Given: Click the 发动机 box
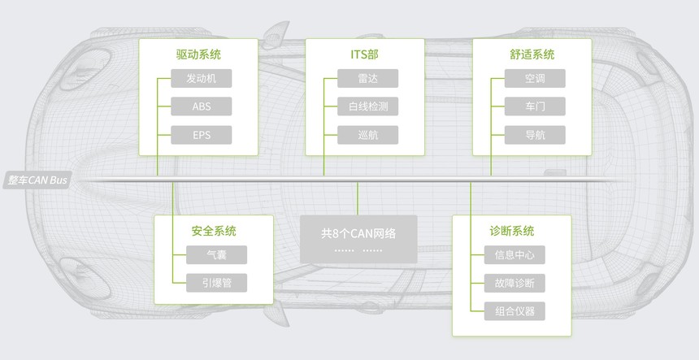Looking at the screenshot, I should pyautogui.click(x=201, y=79).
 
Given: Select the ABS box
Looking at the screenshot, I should pyautogui.click(x=201, y=106).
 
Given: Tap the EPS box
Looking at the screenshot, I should pyautogui.click(x=201, y=135).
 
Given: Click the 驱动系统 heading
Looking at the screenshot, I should pyautogui.click(x=198, y=54).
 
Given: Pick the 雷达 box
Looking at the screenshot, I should pyautogui.click(x=367, y=79).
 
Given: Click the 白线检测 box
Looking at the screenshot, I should pyautogui.click(x=367, y=106).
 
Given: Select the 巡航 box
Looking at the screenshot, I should pyautogui.click(x=367, y=135).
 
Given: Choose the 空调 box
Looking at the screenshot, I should pyautogui.click(x=535, y=79).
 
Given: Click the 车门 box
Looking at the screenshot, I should pyautogui.click(x=535, y=106).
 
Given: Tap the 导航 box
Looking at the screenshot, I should pyautogui.click(x=535, y=135).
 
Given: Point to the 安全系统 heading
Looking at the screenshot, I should pyautogui.click(x=214, y=231).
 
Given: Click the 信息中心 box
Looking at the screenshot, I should pyautogui.click(x=514, y=255).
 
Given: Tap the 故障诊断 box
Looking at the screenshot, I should pyautogui.click(x=514, y=283).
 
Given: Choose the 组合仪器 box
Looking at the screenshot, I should pyautogui.click(x=514, y=311).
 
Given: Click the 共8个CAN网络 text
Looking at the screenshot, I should pyautogui.click(x=358, y=234).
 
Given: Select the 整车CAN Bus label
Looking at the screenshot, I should pyautogui.click(x=37, y=180).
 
